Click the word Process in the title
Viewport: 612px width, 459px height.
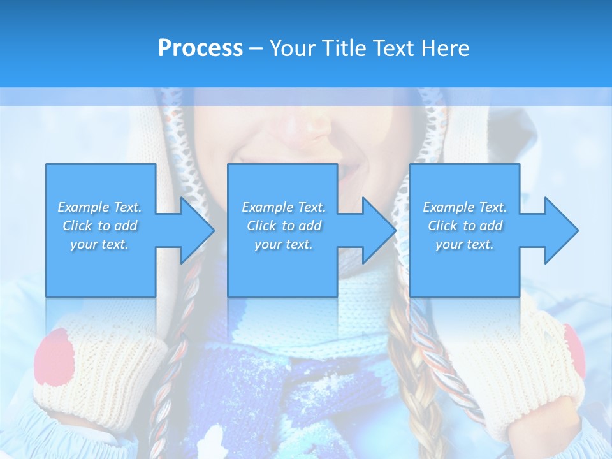[x=200, y=48]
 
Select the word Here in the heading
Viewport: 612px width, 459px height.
[x=446, y=48]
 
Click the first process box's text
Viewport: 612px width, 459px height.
[x=99, y=226]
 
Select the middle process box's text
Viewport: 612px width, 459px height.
[x=284, y=226]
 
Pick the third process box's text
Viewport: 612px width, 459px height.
[x=465, y=226]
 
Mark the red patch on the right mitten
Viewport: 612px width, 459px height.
[x=574, y=351]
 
